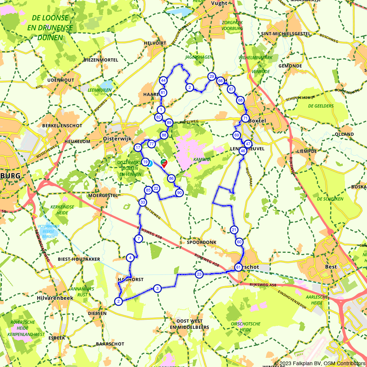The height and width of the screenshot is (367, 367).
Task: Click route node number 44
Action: (x=163, y=81)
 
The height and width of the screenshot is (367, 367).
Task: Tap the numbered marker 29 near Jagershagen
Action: (x=211, y=77)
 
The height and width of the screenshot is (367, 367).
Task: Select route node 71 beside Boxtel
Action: (x=245, y=118)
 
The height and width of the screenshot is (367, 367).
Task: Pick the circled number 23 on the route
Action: (x=199, y=274)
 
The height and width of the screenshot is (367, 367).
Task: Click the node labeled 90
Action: (x=179, y=193)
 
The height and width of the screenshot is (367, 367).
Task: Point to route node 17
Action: (x=138, y=148)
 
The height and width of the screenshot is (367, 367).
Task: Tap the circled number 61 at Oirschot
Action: (x=238, y=267)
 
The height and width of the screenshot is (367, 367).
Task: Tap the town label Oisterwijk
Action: (x=115, y=139)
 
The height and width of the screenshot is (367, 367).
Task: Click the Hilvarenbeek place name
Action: (x=55, y=298)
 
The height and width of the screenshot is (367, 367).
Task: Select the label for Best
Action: (x=331, y=267)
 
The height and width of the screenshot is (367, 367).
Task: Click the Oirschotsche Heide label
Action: (x=246, y=327)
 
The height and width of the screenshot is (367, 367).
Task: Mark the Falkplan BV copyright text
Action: (x=320, y=363)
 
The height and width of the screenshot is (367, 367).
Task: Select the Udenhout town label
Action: (x=61, y=80)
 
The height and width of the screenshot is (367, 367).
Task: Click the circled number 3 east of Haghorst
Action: (x=157, y=288)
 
